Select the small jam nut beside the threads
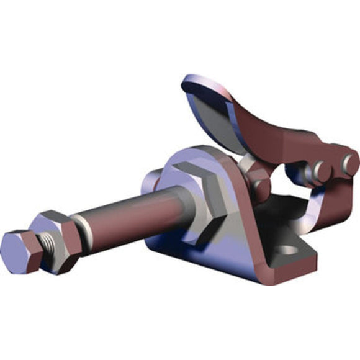click(57, 239)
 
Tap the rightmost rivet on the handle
click(351, 163)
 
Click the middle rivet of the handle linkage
click(321, 169)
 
